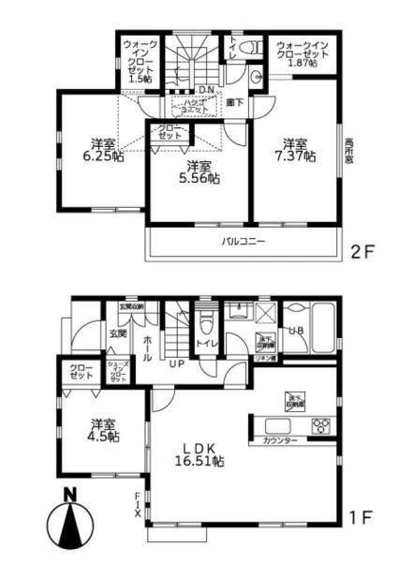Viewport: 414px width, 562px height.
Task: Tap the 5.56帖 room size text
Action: point(200,176)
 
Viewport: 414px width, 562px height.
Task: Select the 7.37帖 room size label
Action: point(295,156)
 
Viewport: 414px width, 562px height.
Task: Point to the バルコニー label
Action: point(243,242)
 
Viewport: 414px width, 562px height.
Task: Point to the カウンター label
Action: point(280,440)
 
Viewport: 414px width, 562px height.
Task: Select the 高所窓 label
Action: point(348,154)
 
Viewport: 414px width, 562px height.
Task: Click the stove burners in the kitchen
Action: point(320,425)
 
